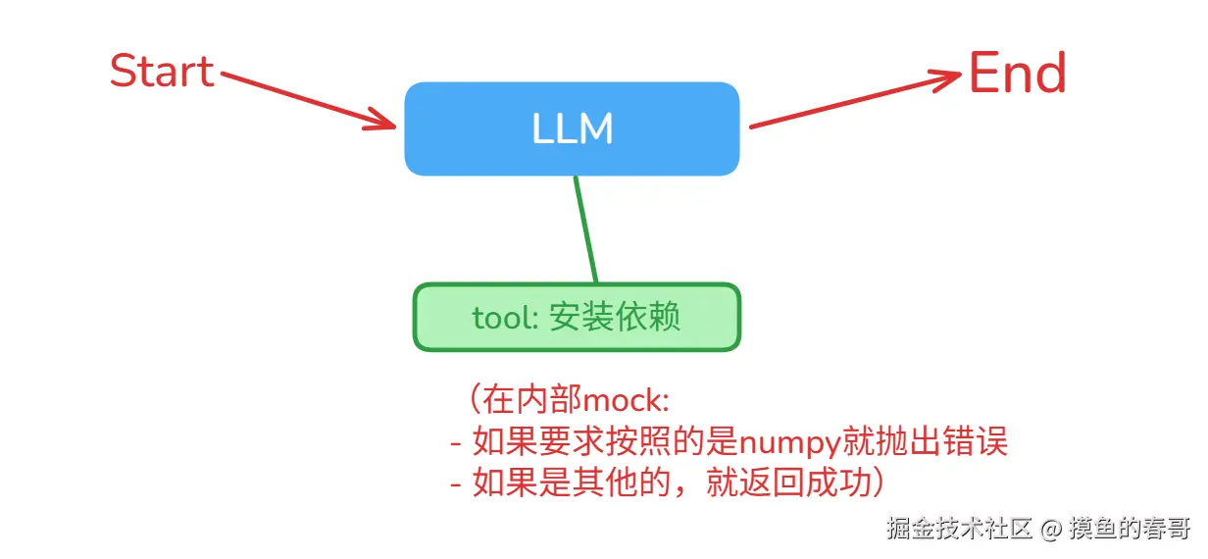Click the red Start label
(x=162, y=72)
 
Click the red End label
(x=1017, y=75)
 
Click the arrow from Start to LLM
(x=304, y=98)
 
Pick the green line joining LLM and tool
(x=585, y=229)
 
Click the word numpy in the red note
(x=788, y=443)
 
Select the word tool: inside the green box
(x=505, y=319)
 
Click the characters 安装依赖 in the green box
(x=615, y=318)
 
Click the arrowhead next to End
(x=946, y=78)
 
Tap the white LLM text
(x=572, y=129)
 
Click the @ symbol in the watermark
(x=1051, y=530)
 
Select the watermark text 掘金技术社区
(x=960, y=530)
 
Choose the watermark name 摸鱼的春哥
(x=1129, y=530)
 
